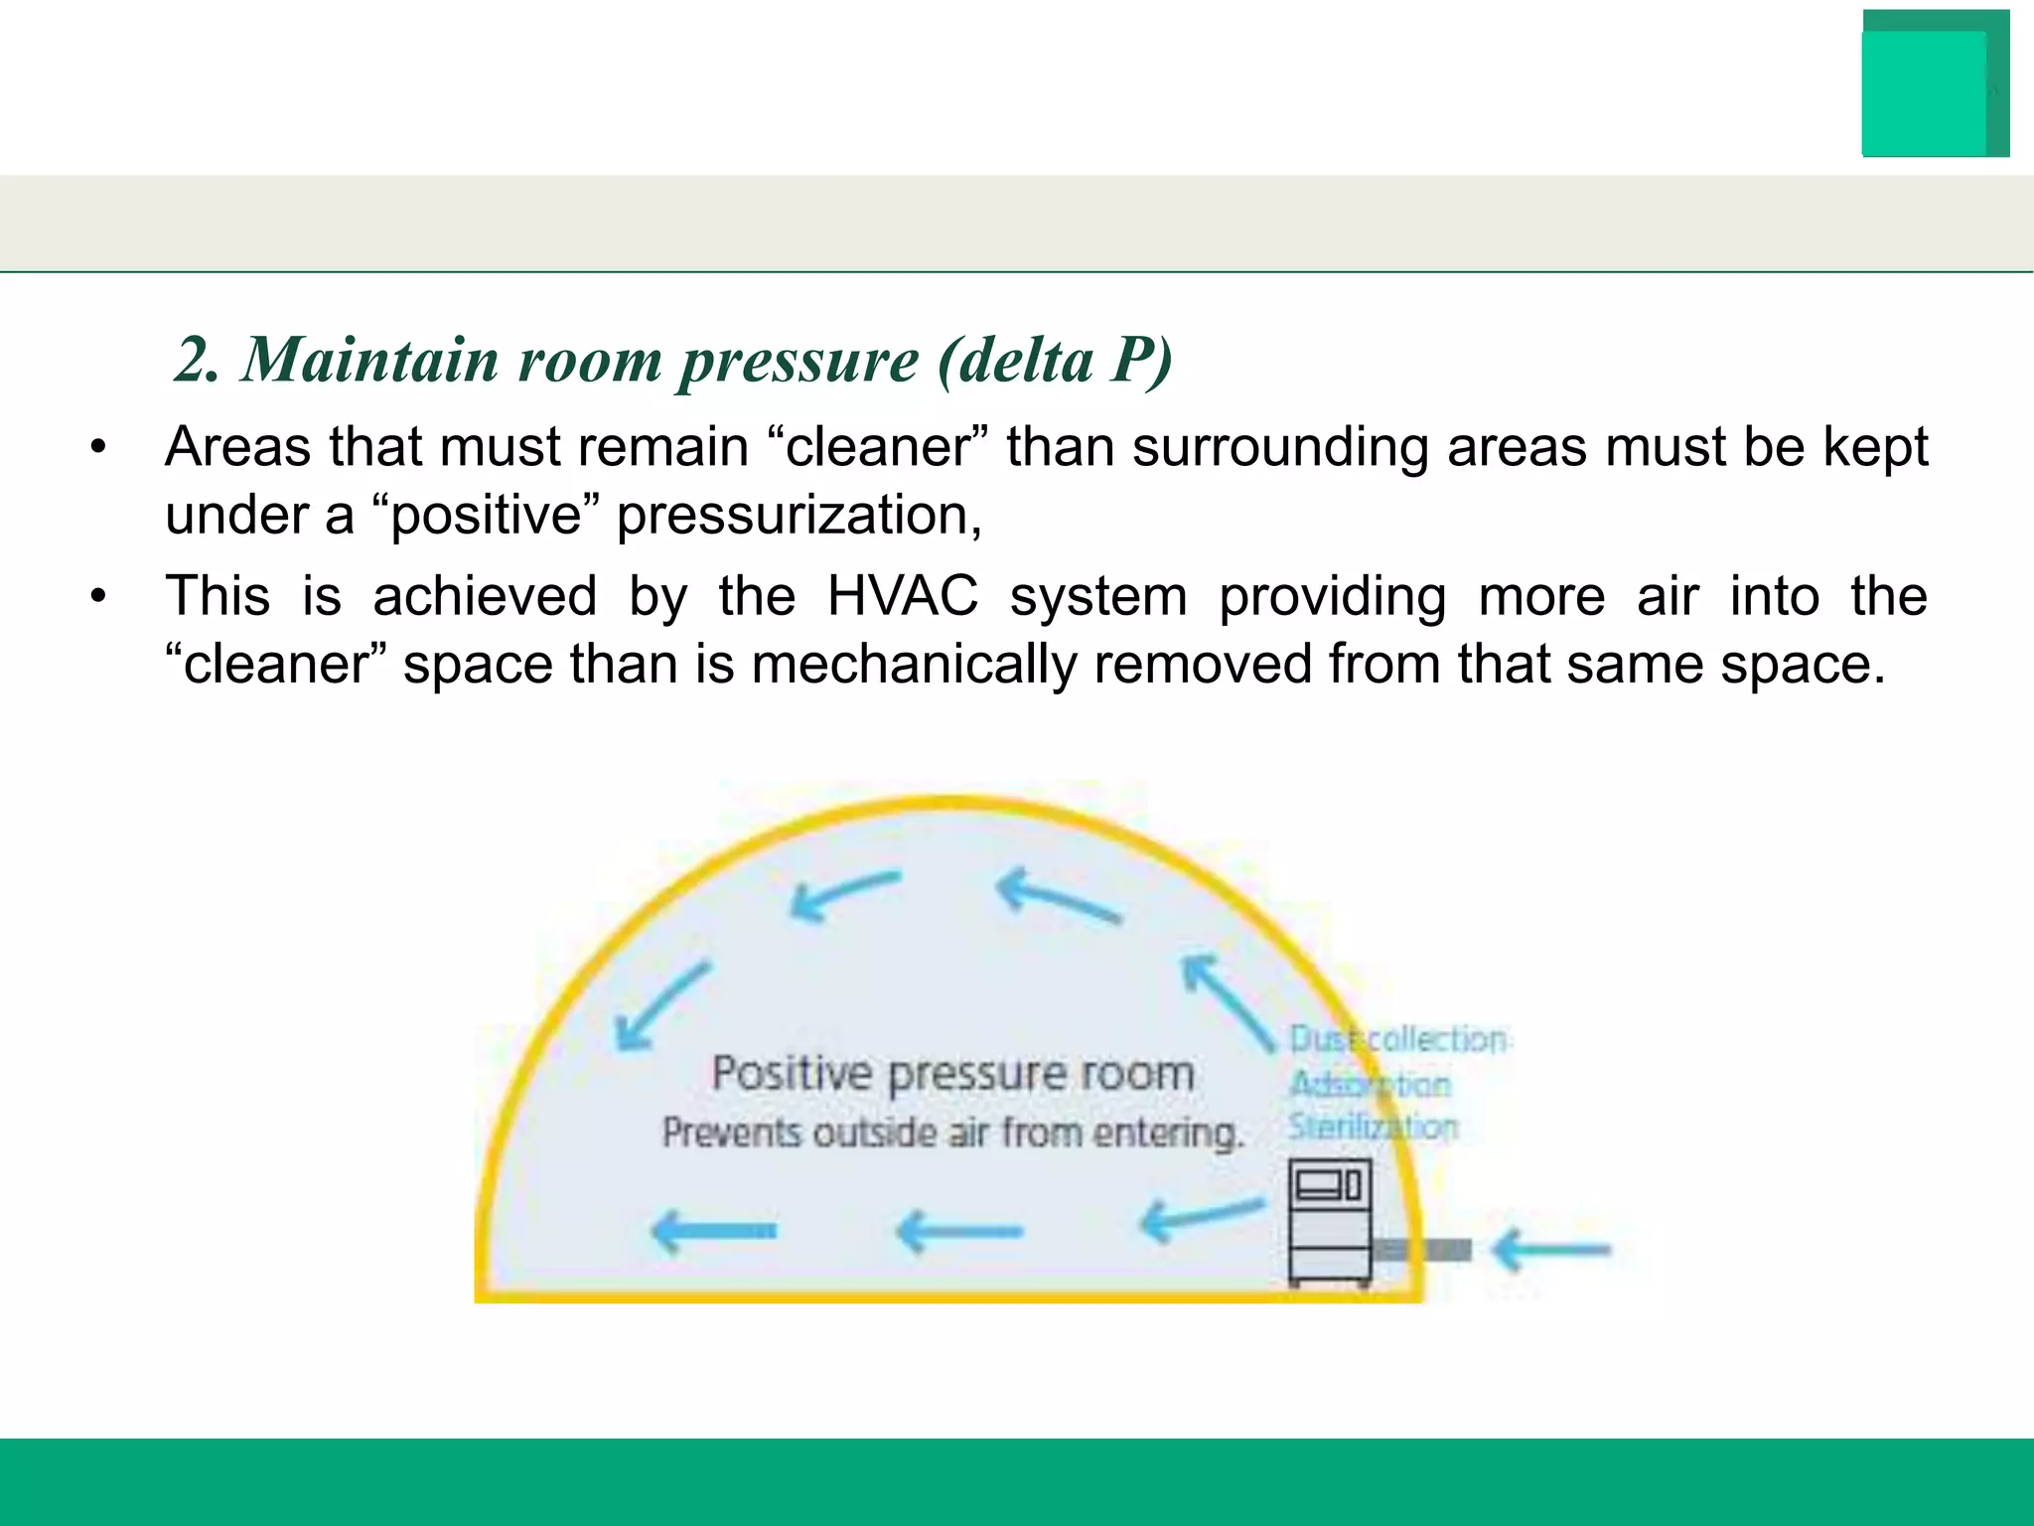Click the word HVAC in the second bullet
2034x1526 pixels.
[x=902, y=596]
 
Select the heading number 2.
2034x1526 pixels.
[x=196, y=359]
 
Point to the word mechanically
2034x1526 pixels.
[x=914, y=664]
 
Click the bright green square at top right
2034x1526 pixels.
[x=1924, y=94]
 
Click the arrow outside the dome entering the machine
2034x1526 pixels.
[x=1551, y=1250]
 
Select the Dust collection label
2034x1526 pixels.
[x=1396, y=1039]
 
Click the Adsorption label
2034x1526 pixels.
[x=1370, y=1084]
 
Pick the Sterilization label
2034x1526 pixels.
[x=1373, y=1128]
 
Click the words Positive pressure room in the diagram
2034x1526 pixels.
[x=952, y=1074]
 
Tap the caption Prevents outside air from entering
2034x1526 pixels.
[x=952, y=1133]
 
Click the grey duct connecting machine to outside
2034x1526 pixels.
[x=1423, y=1250]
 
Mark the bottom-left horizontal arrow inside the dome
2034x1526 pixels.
[x=713, y=1232]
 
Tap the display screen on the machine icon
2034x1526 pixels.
[x=1318, y=1184]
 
